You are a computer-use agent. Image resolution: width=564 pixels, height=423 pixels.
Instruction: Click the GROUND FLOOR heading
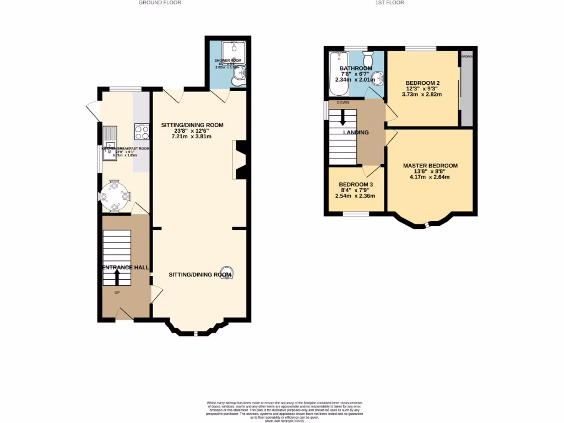(x=160, y=3)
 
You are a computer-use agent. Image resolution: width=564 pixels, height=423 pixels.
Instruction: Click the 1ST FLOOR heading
(x=389, y=3)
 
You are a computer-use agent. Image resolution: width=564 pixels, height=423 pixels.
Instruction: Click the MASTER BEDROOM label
(x=430, y=166)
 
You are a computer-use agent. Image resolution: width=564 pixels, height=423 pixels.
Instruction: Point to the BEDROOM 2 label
(x=422, y=83)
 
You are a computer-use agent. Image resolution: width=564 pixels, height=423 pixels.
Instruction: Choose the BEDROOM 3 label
(x=356, y=185)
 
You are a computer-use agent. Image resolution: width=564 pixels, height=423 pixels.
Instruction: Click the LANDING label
(x=356, y=132)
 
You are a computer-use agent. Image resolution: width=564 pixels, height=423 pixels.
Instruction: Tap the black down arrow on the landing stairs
(x=343, y=117)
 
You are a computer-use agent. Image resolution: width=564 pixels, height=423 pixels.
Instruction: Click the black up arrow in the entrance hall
(x=116, y=276)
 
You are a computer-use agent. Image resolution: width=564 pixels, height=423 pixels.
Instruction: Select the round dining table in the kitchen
(x=115, y=195)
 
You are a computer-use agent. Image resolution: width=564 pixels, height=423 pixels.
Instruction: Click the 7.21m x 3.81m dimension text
(x=192, y=135)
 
